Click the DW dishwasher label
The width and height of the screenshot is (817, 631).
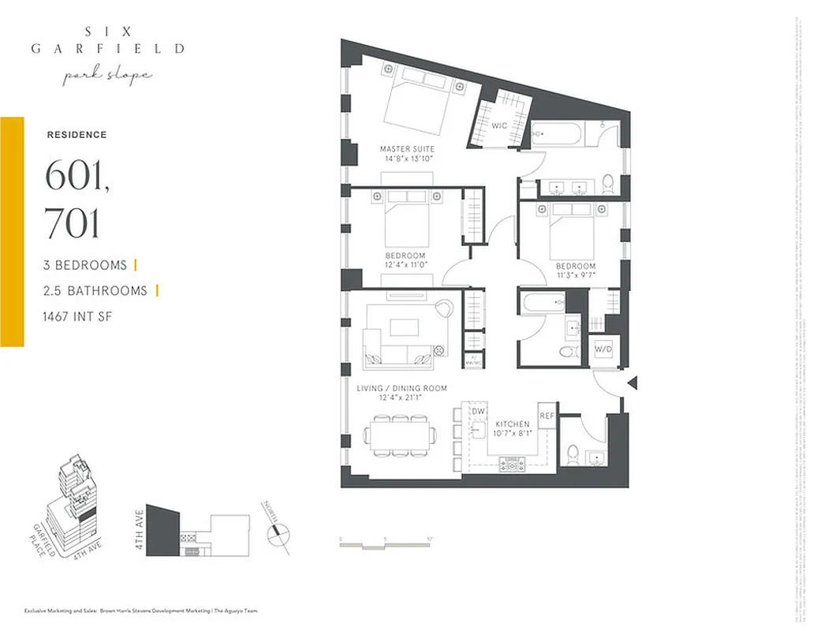coord(478,412)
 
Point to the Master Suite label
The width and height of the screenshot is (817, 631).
coord(407,149)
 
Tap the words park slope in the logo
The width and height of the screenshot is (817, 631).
coord(108,76)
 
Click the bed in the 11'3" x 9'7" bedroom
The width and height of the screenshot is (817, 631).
coord(570,229)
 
